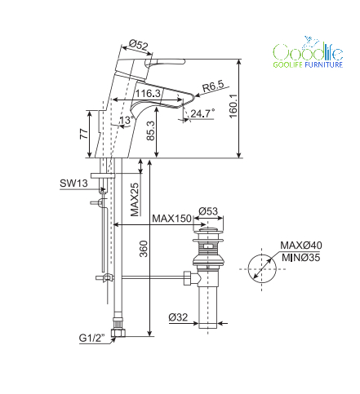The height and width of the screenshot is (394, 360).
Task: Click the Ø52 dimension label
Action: [x=139, y=44]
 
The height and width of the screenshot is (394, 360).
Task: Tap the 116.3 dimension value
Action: [x=148, y=93]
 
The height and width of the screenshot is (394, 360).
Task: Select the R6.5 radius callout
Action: [x=213, y=86]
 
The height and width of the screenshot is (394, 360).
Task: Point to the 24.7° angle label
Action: [x=202, y=113]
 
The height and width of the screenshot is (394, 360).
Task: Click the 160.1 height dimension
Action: [x=233, y=106]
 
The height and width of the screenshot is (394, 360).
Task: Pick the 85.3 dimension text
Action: [x=150, y=131]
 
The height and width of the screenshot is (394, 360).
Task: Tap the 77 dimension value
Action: [x=84, y=134]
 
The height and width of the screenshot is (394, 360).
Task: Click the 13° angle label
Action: [x=127, y=120]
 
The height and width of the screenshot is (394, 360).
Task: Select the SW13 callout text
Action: [x=73, y=184]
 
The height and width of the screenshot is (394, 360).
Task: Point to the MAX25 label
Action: [x=135, y=199]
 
